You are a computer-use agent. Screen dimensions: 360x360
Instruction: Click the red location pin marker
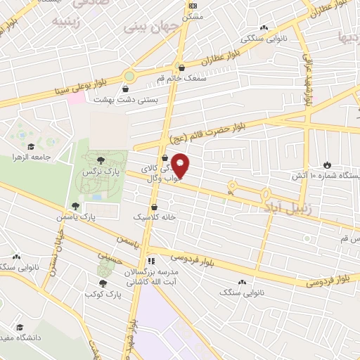tap(181, 166)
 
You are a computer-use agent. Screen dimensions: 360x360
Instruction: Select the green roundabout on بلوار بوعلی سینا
tap(129, 75)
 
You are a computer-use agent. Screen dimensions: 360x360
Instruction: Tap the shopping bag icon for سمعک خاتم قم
tap(182, 68)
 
